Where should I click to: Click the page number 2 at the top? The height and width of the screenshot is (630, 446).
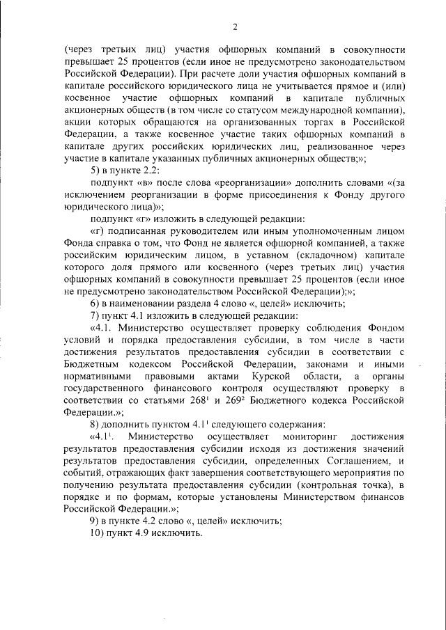235,28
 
